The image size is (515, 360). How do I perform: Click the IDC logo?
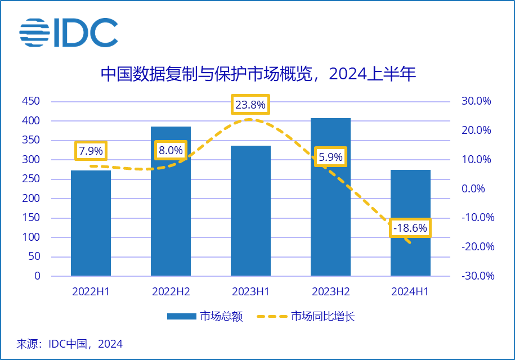69,33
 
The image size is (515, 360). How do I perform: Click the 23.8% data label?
250,105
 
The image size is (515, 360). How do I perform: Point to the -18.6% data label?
410,228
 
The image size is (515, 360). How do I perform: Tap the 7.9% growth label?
91,151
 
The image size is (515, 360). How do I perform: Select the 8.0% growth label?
171,150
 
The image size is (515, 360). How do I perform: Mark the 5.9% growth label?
330,157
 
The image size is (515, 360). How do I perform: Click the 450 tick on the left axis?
31,101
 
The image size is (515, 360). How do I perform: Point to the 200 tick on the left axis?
31,199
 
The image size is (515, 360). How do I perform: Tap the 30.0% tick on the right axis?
476,101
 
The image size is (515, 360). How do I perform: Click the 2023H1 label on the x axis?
250,292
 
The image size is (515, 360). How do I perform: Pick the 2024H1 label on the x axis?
410,292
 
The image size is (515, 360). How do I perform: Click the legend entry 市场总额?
205,317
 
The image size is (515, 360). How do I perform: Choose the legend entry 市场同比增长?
306,317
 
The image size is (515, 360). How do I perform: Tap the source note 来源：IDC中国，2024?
69,344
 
